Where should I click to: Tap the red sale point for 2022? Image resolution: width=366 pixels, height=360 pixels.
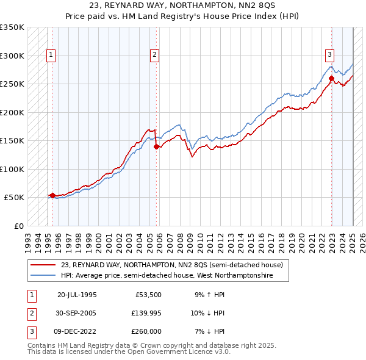coord(331,78)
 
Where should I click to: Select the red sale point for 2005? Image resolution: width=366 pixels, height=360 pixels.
coord(157,146)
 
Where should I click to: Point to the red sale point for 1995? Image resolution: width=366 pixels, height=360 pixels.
coord(52,195)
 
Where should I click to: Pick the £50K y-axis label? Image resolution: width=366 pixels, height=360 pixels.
coord(13,198)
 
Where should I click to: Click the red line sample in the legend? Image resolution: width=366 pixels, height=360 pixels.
coord(44,265)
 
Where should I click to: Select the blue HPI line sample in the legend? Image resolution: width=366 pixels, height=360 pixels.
coord(44,276)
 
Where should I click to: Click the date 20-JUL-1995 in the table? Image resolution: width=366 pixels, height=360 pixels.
coord(77,295)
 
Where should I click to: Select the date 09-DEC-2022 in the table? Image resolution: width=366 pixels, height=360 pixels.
coord(77,331)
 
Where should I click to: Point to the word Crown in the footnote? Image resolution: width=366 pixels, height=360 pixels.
coord(149,345)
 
